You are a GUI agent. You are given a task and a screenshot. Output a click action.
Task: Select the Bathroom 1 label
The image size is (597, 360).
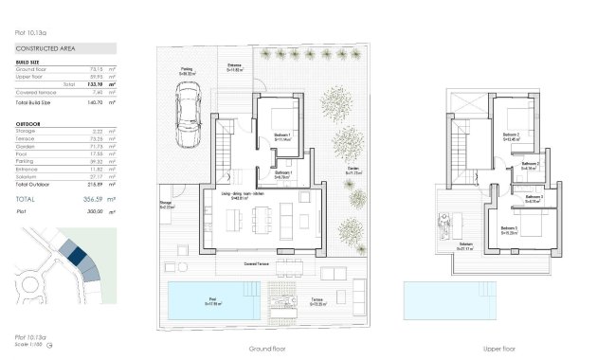pyautogui.click(x=282, y=174)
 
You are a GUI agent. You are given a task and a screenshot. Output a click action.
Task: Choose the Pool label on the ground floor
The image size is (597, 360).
pyautogui.click(x=213, y=301)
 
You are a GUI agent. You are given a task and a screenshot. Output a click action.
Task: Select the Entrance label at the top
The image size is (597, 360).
pyautogui.click(x=234, y=66)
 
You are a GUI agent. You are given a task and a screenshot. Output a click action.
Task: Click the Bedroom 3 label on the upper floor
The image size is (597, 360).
pyautogui.click(x=509, y=229)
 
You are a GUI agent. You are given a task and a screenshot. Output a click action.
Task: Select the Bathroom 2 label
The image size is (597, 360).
pyautogui.click(x=530, y=165)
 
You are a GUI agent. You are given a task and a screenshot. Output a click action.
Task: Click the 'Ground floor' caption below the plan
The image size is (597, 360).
pyautogui.click(x=267, y=348)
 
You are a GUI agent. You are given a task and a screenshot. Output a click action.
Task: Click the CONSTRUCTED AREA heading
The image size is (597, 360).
pyautogui.click(x=45, y=47)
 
